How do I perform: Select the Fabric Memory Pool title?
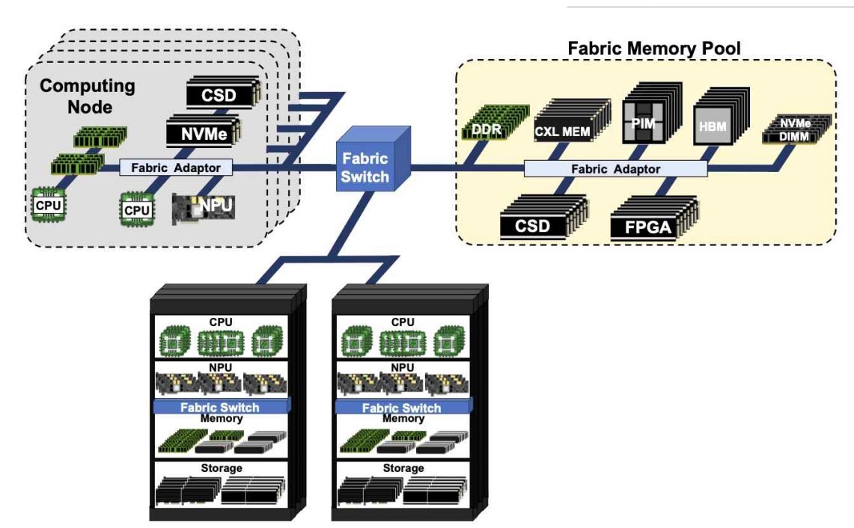click(x=653, y=49)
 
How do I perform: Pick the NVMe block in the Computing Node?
click(x=199, y=134)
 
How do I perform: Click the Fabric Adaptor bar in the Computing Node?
click(x=176, y=168)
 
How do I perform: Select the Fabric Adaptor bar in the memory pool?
click(x=615, y=169)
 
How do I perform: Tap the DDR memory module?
click(x=486, y=123)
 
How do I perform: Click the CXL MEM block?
click(x=563, y=132)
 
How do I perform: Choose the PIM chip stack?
click(x=642, y=120)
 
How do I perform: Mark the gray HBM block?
click(x=712, y=125)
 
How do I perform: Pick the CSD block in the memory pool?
click(x=534, y=225)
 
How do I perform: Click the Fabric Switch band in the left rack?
click(x=220, y=407)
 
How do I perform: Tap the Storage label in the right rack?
click(x=403, y=468)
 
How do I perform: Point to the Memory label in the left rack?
click(x=222, y=418)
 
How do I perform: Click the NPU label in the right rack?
click(x=403, y=368)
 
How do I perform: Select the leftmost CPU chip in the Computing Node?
click(x=48, y=203)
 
